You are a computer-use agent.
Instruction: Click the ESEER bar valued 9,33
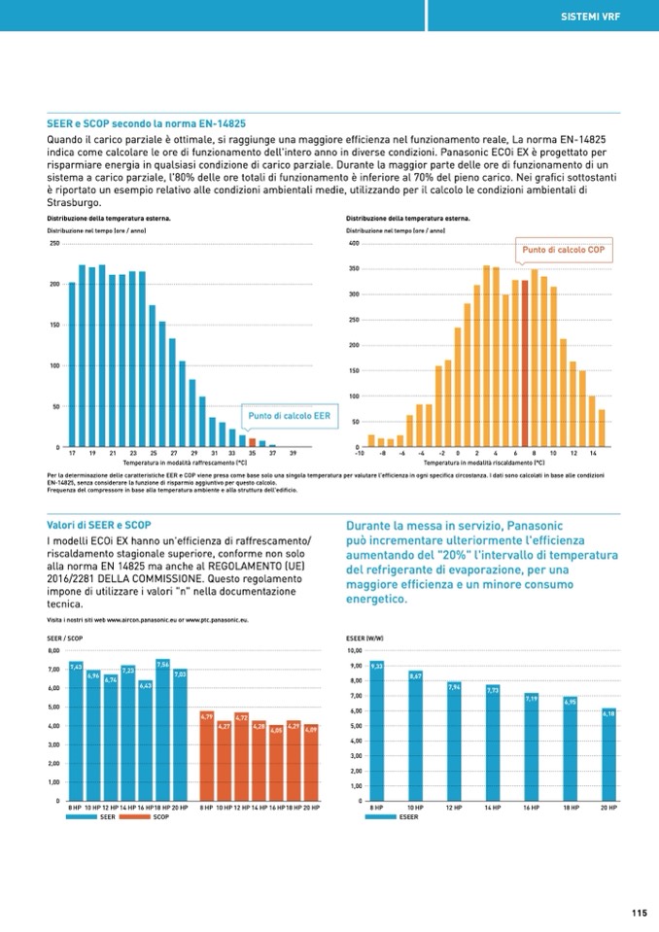pos(377,731)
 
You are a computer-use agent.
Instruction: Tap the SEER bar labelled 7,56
pos(162,729)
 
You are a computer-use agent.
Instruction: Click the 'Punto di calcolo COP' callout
pos(565,250)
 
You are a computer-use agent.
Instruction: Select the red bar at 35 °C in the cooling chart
pos(252,443)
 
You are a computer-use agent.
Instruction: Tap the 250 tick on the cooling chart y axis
pos(53,243)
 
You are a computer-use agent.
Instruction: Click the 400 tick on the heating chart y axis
pos(354,243)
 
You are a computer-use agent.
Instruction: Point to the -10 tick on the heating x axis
pos(360,453)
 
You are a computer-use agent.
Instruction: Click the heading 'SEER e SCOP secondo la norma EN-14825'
pos(146,124)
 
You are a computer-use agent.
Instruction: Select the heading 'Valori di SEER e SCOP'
pos(99,525)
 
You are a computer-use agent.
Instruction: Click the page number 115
pos(638,912)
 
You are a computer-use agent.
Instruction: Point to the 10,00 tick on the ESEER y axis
pos(354,650)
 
